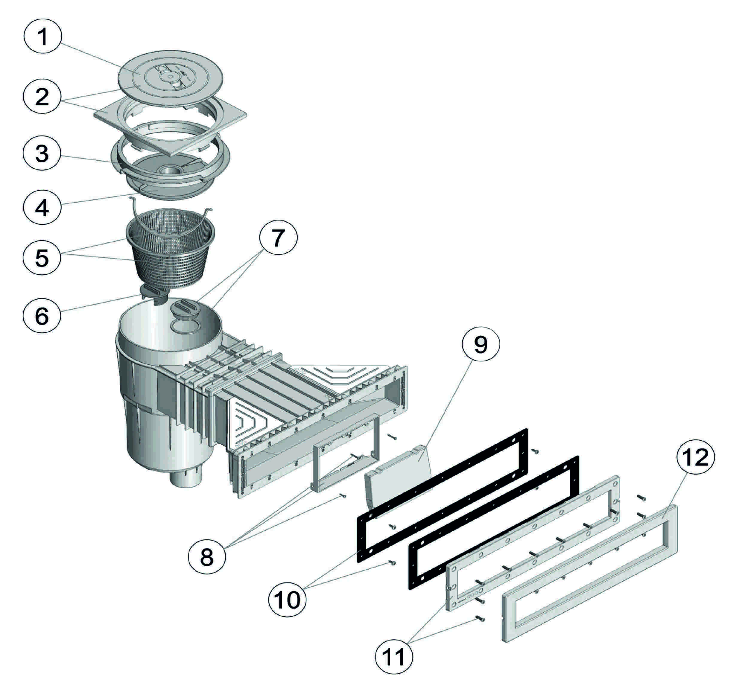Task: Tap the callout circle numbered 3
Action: tap(42, 153)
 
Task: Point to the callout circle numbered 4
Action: tap(42, 206)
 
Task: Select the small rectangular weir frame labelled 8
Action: tap(347, 455)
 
